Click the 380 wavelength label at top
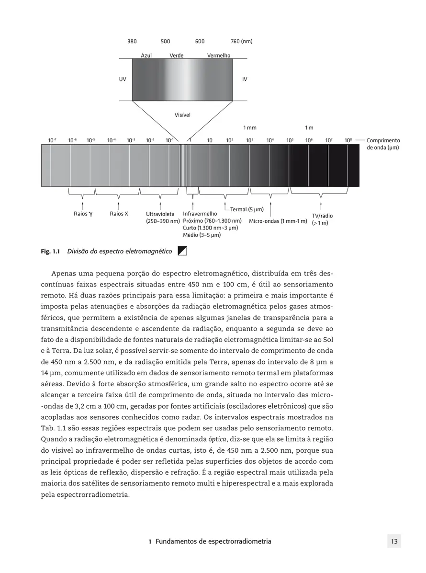coord(132,42)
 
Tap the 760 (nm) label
coord(241,42)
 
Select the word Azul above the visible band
coord(146,56)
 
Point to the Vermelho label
coord(218,56)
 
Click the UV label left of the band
coord(123,79)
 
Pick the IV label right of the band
coord(245,79)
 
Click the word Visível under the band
coord(182,115)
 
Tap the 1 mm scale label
coord(250,128)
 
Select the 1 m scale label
coord(309,128)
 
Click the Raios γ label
coord(83,214)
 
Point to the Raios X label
coord(119,214)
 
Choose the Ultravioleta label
coord(160,214)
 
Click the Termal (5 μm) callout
coord(247,209)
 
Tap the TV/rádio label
coord(322,216)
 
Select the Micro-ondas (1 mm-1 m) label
coord(278,221)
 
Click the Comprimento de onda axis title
coord(383,144)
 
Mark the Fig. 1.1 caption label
coord(50,251)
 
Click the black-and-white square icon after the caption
coord(182,251)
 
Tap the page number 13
coord(394,542)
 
